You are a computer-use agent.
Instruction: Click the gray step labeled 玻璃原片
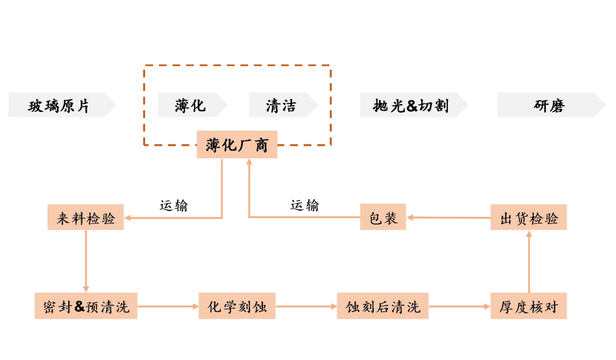[x=59, y=105]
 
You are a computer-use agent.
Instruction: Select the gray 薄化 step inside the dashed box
[x=190, y=105]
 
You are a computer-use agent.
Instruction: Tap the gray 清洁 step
[x=281, y=105]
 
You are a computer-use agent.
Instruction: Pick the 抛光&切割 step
[x=411, y=105]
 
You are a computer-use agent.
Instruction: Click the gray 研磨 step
[x=549, y=105]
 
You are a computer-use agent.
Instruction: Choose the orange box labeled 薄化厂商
[x=237, y=145]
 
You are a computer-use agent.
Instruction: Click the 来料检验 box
[x=86, y=217]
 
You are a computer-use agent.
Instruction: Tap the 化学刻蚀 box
[x=237, y=306]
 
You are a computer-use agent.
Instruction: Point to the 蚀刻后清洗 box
[x=383, y=306]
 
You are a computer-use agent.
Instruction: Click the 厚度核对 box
[x=529, y=306]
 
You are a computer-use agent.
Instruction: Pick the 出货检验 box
[x=529, y=217]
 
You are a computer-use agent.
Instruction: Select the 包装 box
[x=383, y=217]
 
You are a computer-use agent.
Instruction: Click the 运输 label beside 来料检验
[x=174, y=205]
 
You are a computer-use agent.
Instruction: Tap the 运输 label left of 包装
[x=305, y=205]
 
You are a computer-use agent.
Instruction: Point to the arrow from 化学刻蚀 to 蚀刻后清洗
[x=306, y=306]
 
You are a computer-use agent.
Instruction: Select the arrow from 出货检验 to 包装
[x=448, y=217]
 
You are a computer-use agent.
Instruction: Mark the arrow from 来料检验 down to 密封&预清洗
[x=86, y=261]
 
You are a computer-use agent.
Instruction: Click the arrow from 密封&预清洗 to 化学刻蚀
[x=169, y=306]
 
